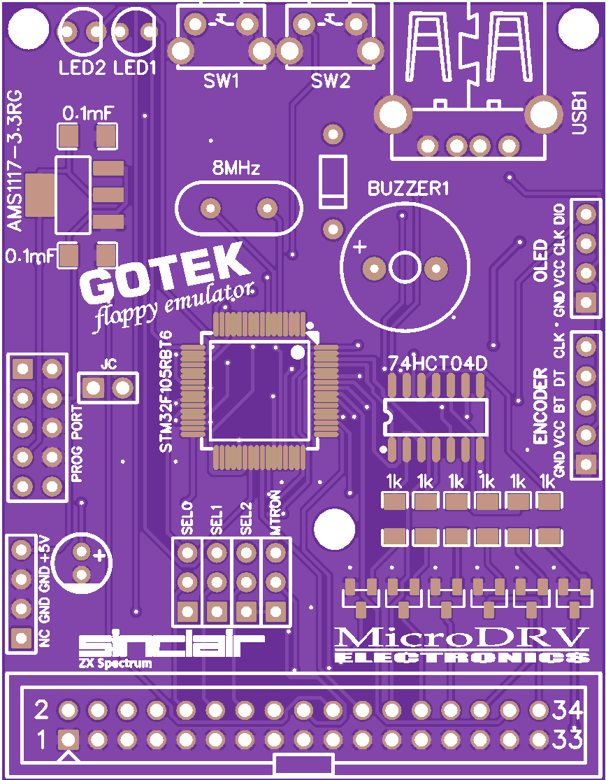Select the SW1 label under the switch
pyautogui.click(x=221, y=81)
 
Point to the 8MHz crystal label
pyautogui.click(x=236, y=169)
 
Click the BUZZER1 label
pyautogui.click(x=408, y=188)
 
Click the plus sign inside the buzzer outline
pyautogui.click(x=359, y=246)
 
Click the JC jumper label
pyautogui.click(x=108, y=364)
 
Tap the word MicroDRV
pyautogui.click(x=462, y=637)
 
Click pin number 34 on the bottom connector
pyautogui.click(x=567, y=711)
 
